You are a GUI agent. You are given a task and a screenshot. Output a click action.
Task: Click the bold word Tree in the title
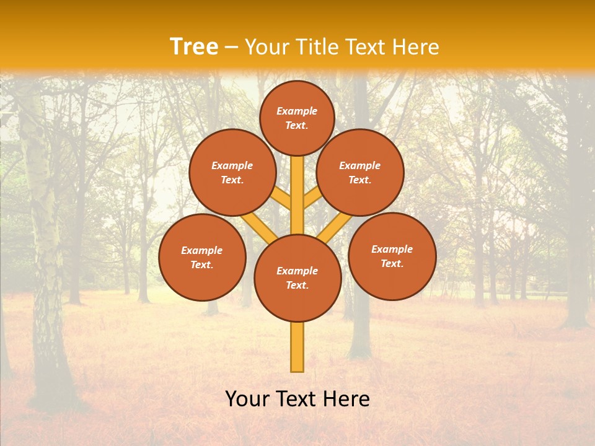pyautogui.click(x=194, y=47)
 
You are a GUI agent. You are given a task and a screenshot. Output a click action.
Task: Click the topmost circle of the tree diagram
pyautogui.click(x=297, y=118)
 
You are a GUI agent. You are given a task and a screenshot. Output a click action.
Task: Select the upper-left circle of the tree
pyautogui.click(x=232, y=172)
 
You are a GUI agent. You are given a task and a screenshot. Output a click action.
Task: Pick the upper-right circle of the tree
pyautogui.click(x=360, y=172)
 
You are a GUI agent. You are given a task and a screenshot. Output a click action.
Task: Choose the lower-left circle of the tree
pyautogui.click(x=202, y=257)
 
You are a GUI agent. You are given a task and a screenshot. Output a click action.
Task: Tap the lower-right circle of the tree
pyautogui.click(x=392, y=256)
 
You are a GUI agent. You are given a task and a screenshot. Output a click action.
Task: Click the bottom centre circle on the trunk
pyautogui.click(x=297, y=278)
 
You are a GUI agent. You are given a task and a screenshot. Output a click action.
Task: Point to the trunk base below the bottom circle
pyautogui.click(x=297, y=347)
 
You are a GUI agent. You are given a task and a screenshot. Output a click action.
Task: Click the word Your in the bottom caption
pyautogui.click(x=248, y=399)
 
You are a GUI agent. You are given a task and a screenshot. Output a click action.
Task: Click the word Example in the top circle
pyautogui.click(x=297, y=111)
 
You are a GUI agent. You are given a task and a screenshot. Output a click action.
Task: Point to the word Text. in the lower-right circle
pyautogui.click(x=392, y=263)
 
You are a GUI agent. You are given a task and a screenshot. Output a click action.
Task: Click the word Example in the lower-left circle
pyautogui.click(x=202, y=250)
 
